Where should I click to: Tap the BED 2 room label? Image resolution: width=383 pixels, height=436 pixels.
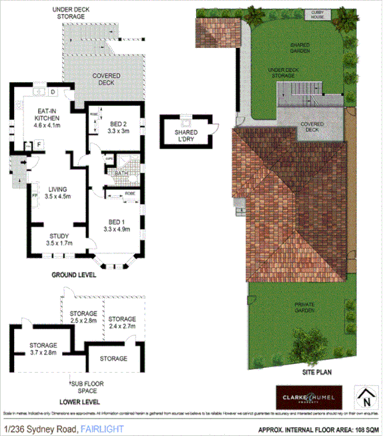118,124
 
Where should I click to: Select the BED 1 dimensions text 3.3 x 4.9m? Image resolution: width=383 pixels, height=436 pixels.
116,229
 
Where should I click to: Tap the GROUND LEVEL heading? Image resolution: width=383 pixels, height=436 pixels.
73,275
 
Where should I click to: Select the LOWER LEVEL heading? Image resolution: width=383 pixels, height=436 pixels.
79,402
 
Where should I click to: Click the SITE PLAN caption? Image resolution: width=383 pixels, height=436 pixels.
316,374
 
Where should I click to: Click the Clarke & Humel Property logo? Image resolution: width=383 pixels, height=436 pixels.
309,397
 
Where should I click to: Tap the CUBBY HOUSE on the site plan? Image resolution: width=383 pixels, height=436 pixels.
316,13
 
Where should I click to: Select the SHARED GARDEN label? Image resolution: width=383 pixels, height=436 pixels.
300,49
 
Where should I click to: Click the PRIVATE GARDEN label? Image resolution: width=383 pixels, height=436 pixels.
304,308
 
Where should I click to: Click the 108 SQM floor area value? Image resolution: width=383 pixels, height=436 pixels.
366,429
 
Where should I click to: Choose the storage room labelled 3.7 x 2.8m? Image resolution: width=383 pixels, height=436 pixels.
43,349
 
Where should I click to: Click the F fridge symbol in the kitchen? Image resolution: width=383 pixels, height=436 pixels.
39,144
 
